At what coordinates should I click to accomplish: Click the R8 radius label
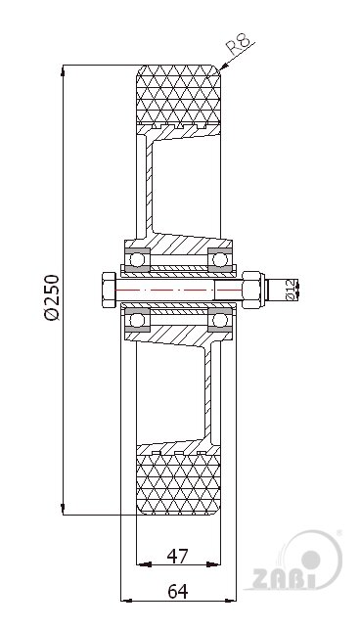click(x=240, y=43)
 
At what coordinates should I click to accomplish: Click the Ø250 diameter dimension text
click(x=53, y=297)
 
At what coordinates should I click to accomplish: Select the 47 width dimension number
click(x=177, y=556)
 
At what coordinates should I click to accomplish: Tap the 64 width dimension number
click(x=177, y=591)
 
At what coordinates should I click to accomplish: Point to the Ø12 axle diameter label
click(x=290, y=290)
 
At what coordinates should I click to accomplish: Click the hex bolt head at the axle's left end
click(x=110, y=290)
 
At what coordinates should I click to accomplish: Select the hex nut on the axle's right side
click(x=252, y=290)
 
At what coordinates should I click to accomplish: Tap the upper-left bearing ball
click(x=137, y=259)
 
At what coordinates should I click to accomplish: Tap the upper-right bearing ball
click(x=219, y=259)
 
